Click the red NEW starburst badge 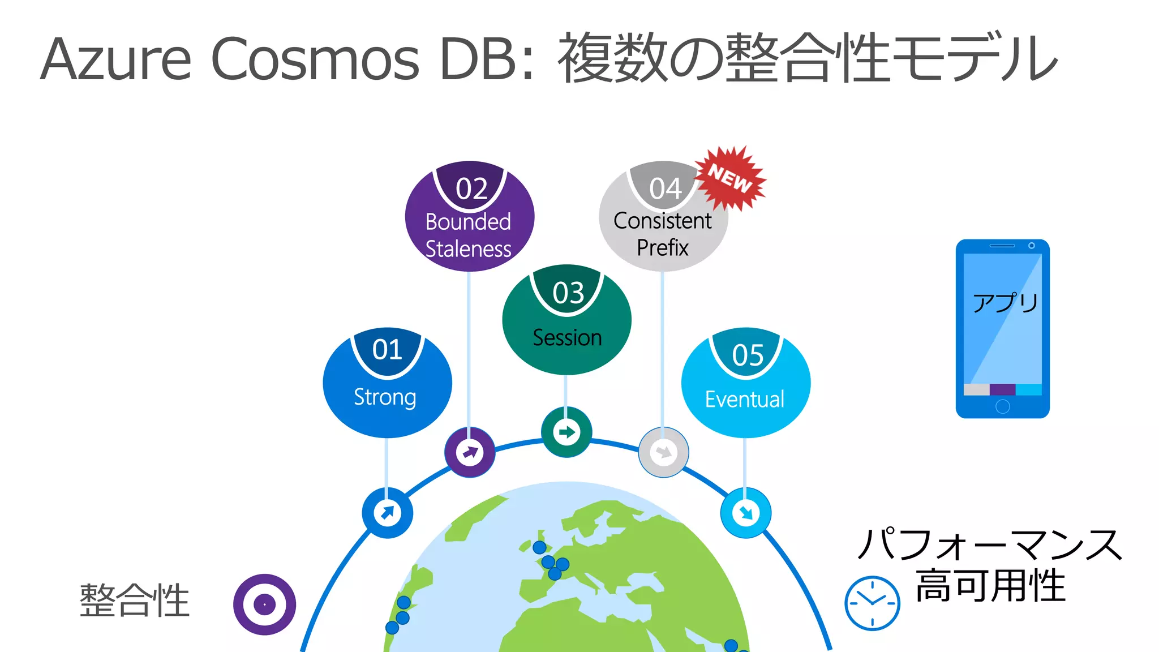[730, 178]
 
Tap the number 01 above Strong [387, 350]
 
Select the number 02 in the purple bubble [471, 189]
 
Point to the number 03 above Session [568, 293]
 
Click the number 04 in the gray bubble [665, 189]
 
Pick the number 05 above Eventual [748, 355]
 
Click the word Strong [385, 397]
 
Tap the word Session [567, 338]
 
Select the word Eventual [745, 400]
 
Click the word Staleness [468, 249]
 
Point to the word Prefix [663, 248]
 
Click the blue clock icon [872, 603]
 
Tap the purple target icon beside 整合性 [264, 604]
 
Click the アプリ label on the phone [1005, 303]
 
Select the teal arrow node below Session [566, 432]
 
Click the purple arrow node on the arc [470, 452]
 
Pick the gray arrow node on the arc [663, 452]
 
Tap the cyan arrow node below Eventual [745, 513]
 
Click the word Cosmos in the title [315, 59]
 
